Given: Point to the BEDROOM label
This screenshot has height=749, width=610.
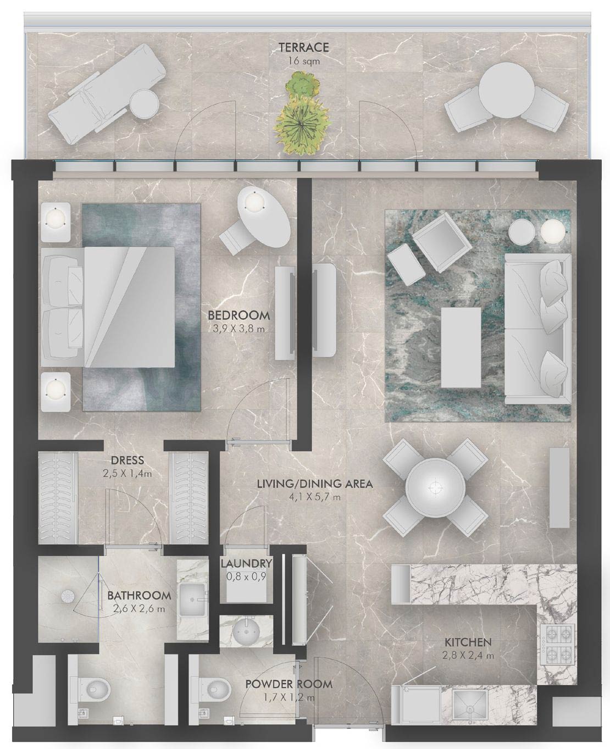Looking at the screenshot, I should pos(239,315).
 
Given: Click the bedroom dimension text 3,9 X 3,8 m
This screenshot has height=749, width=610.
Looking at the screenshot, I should pos(239,329).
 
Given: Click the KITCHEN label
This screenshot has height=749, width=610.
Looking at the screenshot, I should pos(468,642).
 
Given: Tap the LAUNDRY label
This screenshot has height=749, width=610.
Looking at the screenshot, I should pos(246,563).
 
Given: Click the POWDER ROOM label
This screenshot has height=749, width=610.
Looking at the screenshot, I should pos(289,684).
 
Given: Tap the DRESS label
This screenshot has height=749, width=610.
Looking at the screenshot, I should pos(127,460).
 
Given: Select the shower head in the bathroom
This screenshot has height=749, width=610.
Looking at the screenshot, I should pos(68,595).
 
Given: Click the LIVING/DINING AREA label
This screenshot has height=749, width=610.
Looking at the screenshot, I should pos(315,484).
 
